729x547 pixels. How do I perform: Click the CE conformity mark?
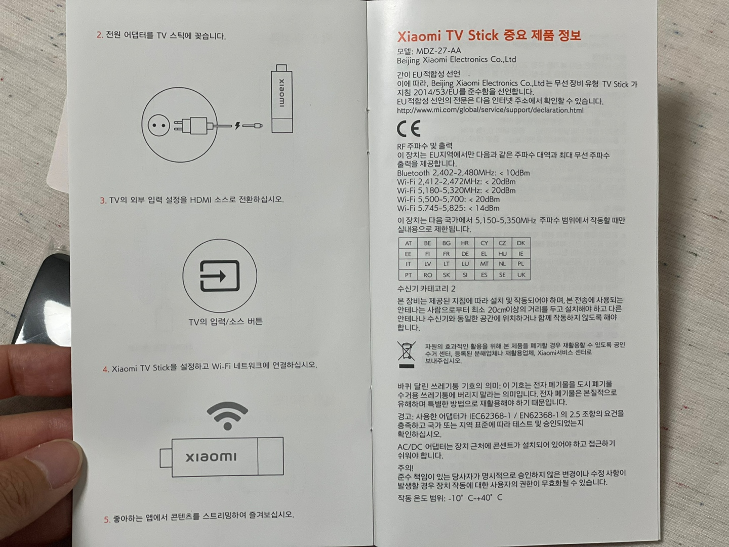(x=409, y=129)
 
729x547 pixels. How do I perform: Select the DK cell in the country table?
(x=521, y=243)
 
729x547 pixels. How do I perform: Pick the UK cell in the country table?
(x=521, y=275)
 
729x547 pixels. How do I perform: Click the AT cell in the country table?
(x=408, y=243)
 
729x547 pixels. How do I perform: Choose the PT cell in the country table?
(x=408, y=275)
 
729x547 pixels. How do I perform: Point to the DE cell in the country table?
(x=465, y=254)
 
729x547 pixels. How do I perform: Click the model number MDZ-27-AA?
(x=438, y=51)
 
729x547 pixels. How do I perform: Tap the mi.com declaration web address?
(x=490, y=110)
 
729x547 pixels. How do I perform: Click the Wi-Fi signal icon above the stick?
(x=227, y=416)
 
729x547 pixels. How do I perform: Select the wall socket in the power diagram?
(x=158, y=125)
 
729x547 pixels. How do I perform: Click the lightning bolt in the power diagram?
(x=237, y=125)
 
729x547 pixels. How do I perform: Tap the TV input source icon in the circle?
(x=220, y=276)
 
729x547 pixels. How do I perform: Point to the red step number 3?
(x=103, y=200)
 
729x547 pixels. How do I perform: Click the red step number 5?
(x=107, y=520)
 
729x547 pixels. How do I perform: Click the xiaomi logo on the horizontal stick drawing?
(x=211, y=457)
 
